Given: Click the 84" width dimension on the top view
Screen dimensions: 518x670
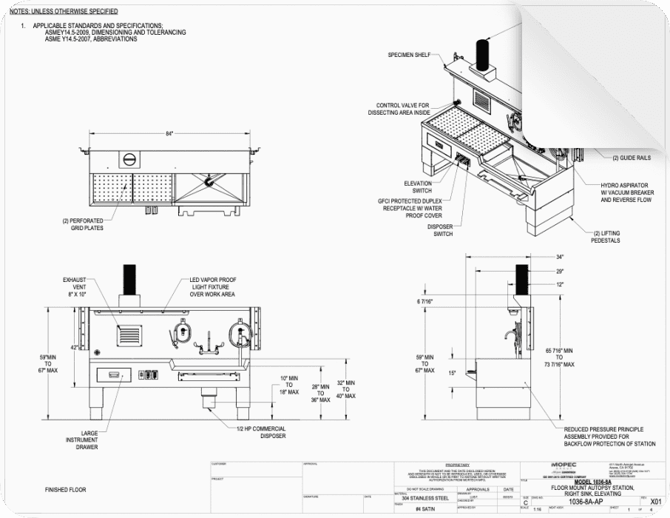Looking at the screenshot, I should (x=169, y=133).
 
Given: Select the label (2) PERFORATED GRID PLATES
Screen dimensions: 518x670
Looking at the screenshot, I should (x=82, y=224).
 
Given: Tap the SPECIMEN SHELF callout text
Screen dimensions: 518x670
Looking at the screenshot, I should (x=409, y=55).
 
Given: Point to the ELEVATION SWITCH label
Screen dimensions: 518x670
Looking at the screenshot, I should (x=418, y=186).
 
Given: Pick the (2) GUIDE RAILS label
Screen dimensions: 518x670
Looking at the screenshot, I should (x=631, y=158).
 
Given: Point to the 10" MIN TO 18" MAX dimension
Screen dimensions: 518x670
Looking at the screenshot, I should (x=289, y=385).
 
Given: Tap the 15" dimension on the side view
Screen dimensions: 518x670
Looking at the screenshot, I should (x=450, y=372).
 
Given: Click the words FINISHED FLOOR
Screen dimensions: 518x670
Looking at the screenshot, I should (x=66, y=490).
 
